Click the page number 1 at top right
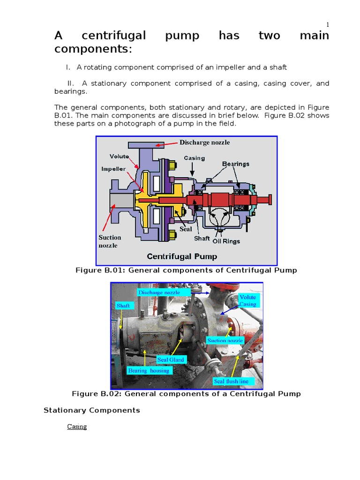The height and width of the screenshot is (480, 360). [x=327, y=25]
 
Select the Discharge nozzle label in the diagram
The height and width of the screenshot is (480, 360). [x=205, y=142]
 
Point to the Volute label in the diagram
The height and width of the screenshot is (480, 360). [x=120, y=157]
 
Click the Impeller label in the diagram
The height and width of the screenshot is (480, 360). [x=114, y=169]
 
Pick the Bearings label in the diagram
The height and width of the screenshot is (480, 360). [x=235, y=164]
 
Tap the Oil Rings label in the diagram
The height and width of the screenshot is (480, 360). [x=226, y=241]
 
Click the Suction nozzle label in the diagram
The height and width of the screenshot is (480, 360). [x=110, y=241]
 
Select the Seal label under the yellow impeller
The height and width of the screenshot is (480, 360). [x=186, y=229]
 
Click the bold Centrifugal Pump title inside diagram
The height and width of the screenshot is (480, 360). [x=182, y=256]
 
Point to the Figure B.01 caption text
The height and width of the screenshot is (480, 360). [x=186, y=270]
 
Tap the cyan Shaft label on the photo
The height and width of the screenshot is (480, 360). [x=123, y=306]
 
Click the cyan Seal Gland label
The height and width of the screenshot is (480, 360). [x=171, y=360]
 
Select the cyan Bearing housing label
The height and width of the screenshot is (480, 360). [x=149, y=370]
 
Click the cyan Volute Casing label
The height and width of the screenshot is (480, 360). [x=247, y=300]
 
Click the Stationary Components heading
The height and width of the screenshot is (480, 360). [x=92, y=410]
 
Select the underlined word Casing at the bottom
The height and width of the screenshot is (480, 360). [x=77, y=427]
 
